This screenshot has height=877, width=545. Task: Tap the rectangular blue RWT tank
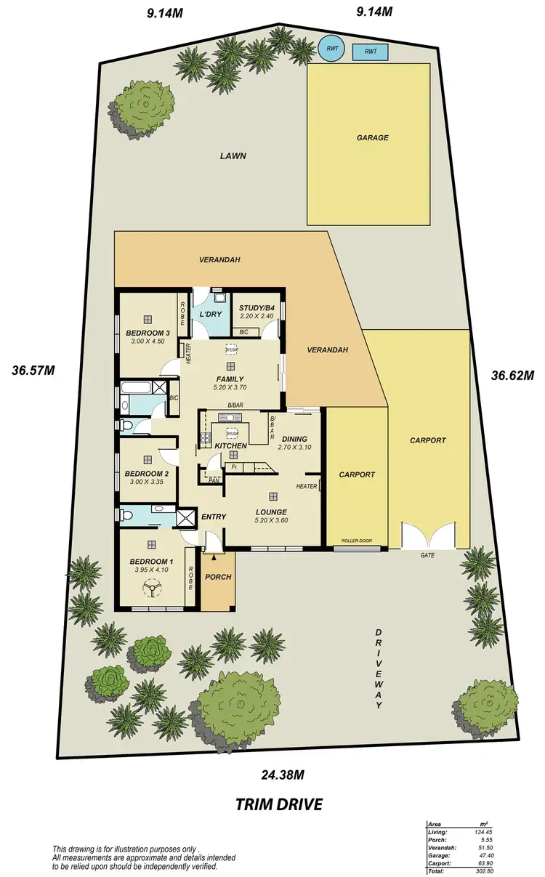[x=370, y=52]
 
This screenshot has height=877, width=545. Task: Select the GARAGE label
[x=372, y=137]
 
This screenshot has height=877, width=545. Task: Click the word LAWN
[x=234, y=155]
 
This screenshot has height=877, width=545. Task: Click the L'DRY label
[x=210, y=315]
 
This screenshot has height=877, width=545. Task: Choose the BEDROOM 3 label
[x=148, y=334]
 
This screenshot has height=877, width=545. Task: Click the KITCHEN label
[x=231, y=445]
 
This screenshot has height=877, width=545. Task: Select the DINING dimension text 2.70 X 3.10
[x=294, y=448]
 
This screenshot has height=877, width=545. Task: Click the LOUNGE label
[x=272, y=512]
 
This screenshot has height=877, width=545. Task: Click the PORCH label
[x=218, y=577]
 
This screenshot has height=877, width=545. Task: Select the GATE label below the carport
[x=428, y=555]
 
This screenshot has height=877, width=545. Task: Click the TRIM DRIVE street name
[x=278, y=804]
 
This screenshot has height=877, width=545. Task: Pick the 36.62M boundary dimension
[x=512, y=376]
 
